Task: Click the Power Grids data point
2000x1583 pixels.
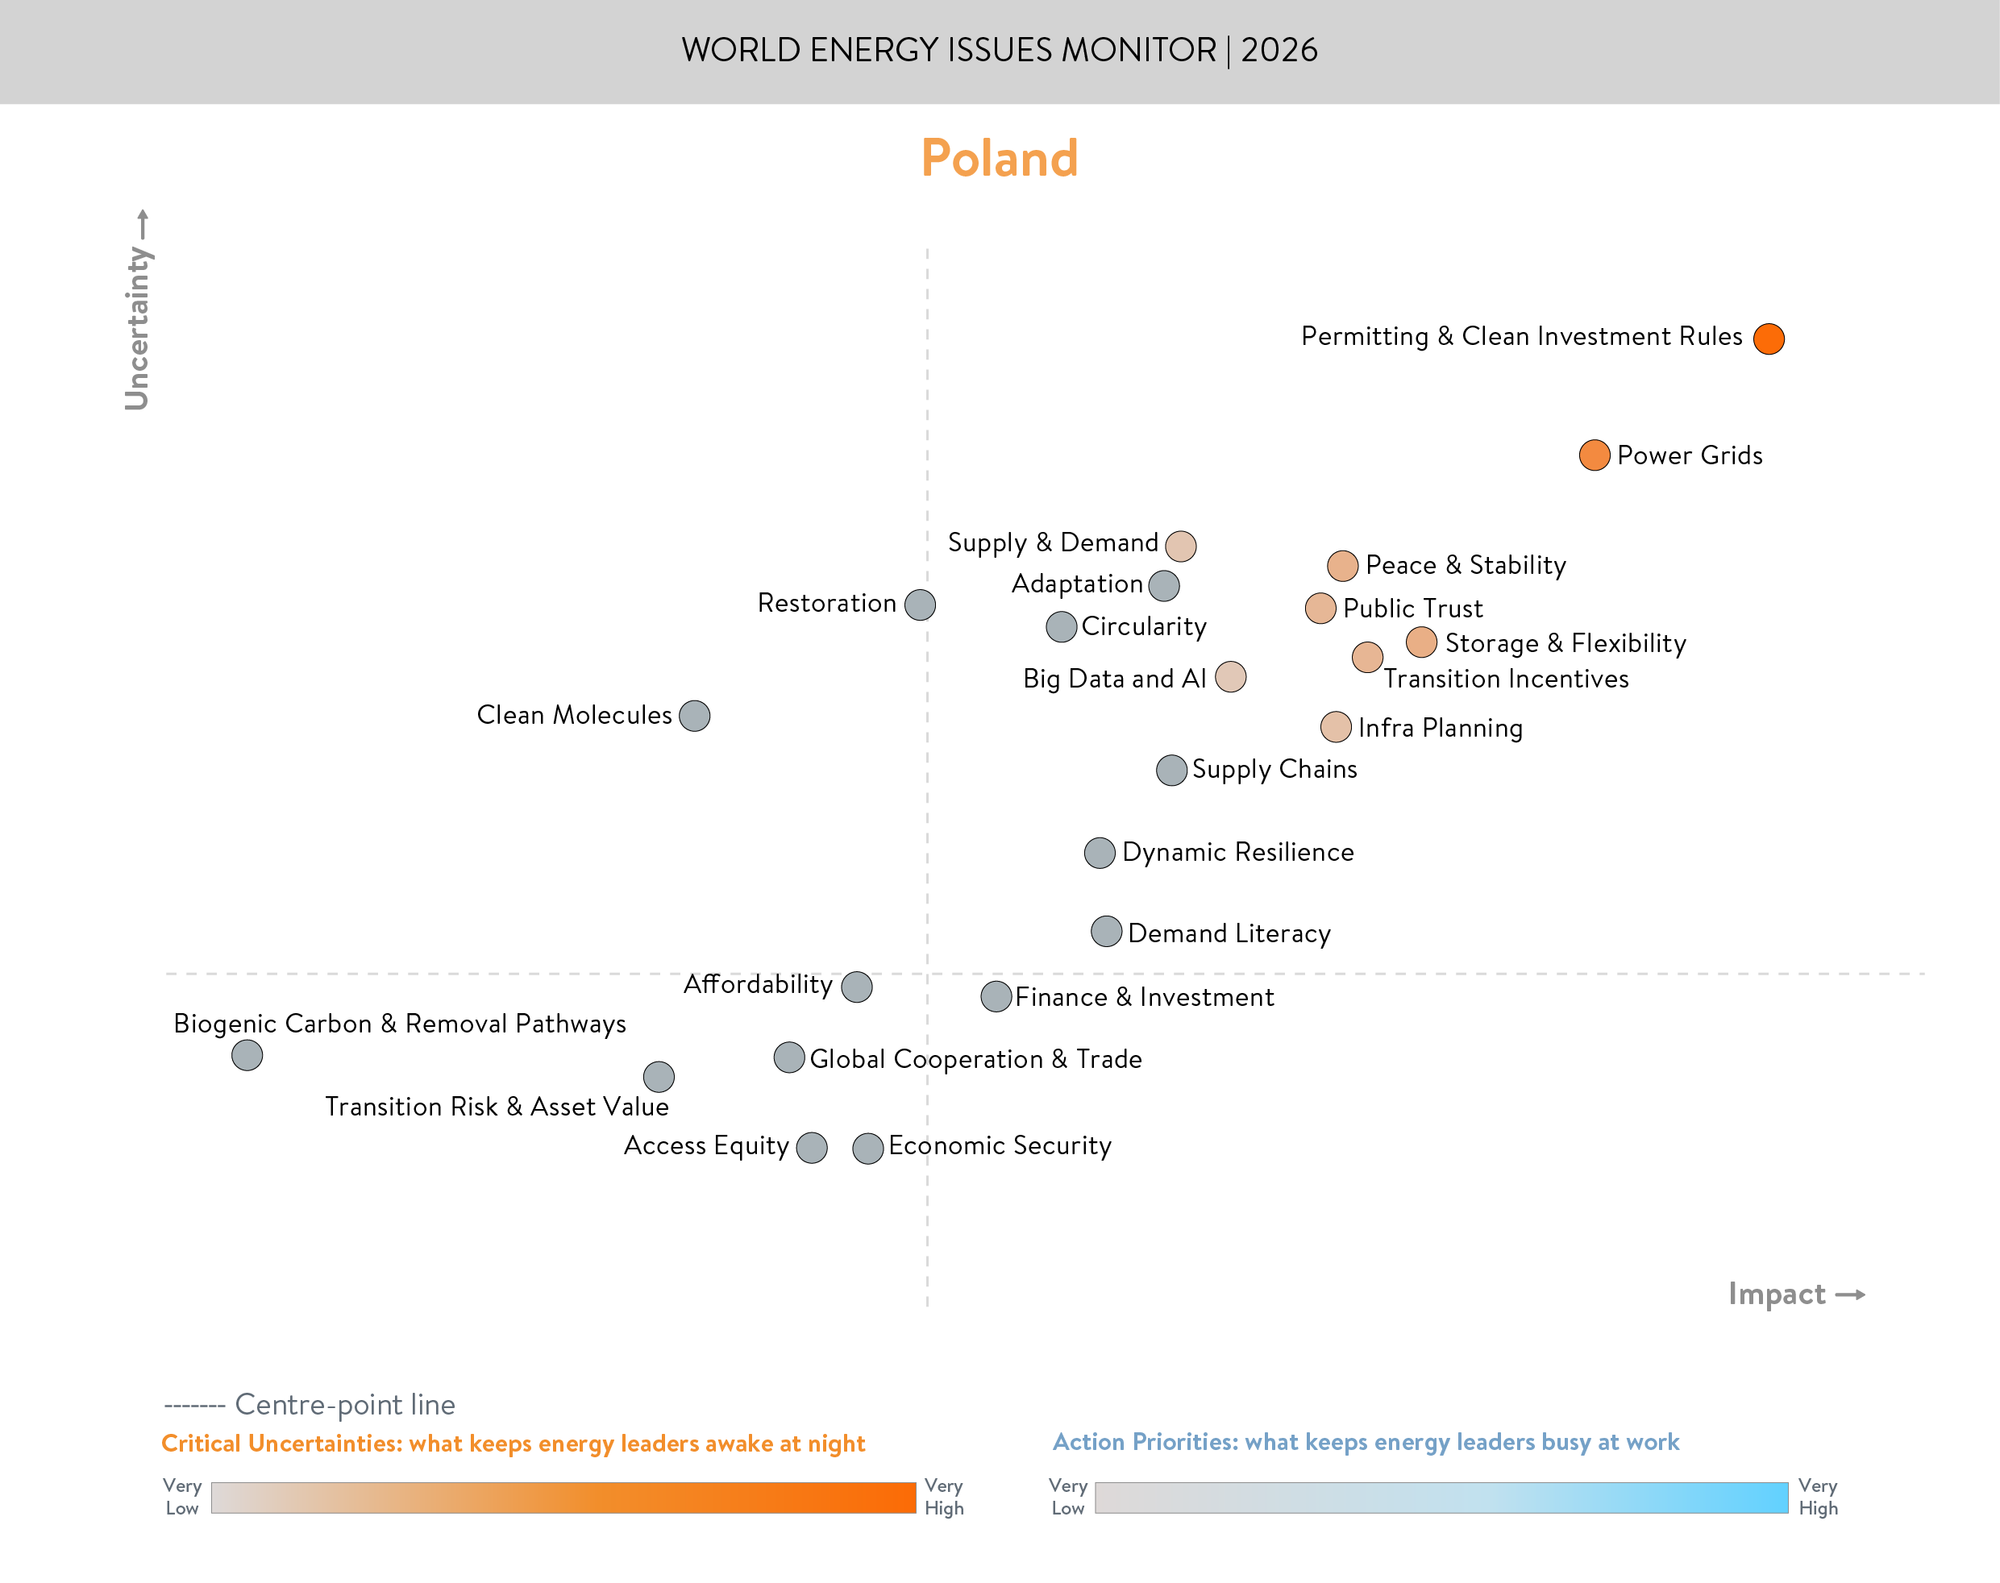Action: tap(1594, 455)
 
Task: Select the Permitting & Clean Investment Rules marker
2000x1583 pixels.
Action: tap(1769, 339)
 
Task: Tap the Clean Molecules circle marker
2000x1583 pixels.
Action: tap(694, 716)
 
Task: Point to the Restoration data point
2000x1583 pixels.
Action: tap(919, 605)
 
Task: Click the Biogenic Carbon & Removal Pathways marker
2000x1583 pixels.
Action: tap(247, 1055)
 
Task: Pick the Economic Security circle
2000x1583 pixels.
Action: tap(867, 1148)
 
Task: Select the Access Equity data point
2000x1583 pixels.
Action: tap(811, 1148)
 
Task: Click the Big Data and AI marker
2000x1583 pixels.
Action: tap(1230, 676)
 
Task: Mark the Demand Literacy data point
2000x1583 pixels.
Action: tap(1106, 932)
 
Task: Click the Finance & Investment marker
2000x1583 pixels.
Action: tap(996, 996)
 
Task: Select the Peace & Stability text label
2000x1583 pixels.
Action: tap(1466, 564)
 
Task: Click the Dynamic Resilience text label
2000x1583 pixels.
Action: tap(1237, 852)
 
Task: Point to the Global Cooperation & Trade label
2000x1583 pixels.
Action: tap(975, 1058)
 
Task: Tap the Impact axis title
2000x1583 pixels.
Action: tap(1777, 1293)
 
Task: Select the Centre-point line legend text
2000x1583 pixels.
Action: tap(345, 1404)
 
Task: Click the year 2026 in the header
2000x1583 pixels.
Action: tap(1279, 50)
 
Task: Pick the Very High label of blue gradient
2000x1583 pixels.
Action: tap(1818, 1497)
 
